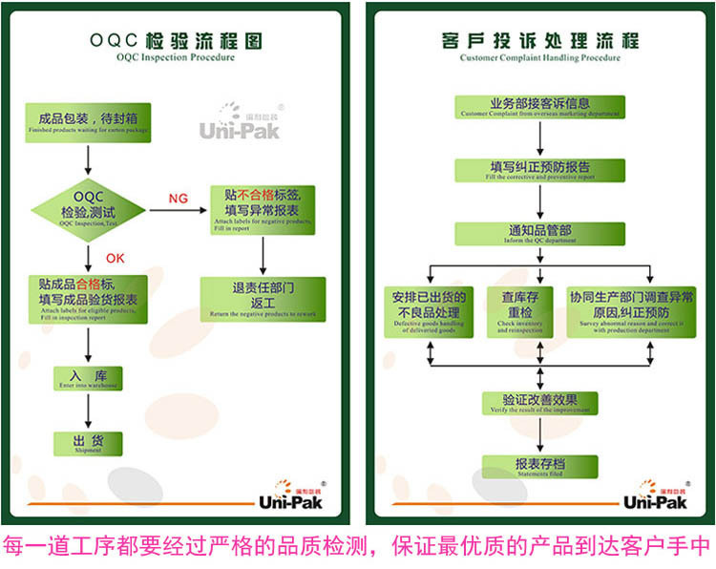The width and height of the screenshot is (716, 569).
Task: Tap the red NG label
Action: (x=178, y=199)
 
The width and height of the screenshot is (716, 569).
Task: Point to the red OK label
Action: (x=116, y=257)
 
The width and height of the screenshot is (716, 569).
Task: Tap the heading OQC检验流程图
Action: (x=176, y=43)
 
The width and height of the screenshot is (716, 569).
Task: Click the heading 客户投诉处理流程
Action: (x=540, y=43)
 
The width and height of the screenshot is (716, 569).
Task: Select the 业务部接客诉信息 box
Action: (x=540, y=107)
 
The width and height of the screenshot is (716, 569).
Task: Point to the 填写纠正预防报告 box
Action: (x=540, y=170)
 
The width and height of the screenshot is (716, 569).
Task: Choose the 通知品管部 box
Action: (x=540, y=234)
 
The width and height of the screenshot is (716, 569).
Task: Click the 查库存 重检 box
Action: (x=519, y=310)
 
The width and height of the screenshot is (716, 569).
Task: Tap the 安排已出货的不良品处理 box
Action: (x=426, y=310)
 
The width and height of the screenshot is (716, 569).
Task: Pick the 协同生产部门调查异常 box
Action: (x=631, y=310)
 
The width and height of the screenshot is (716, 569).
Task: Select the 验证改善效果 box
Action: (x=540, y=402)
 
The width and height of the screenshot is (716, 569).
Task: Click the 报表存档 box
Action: (x=540, y=467)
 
